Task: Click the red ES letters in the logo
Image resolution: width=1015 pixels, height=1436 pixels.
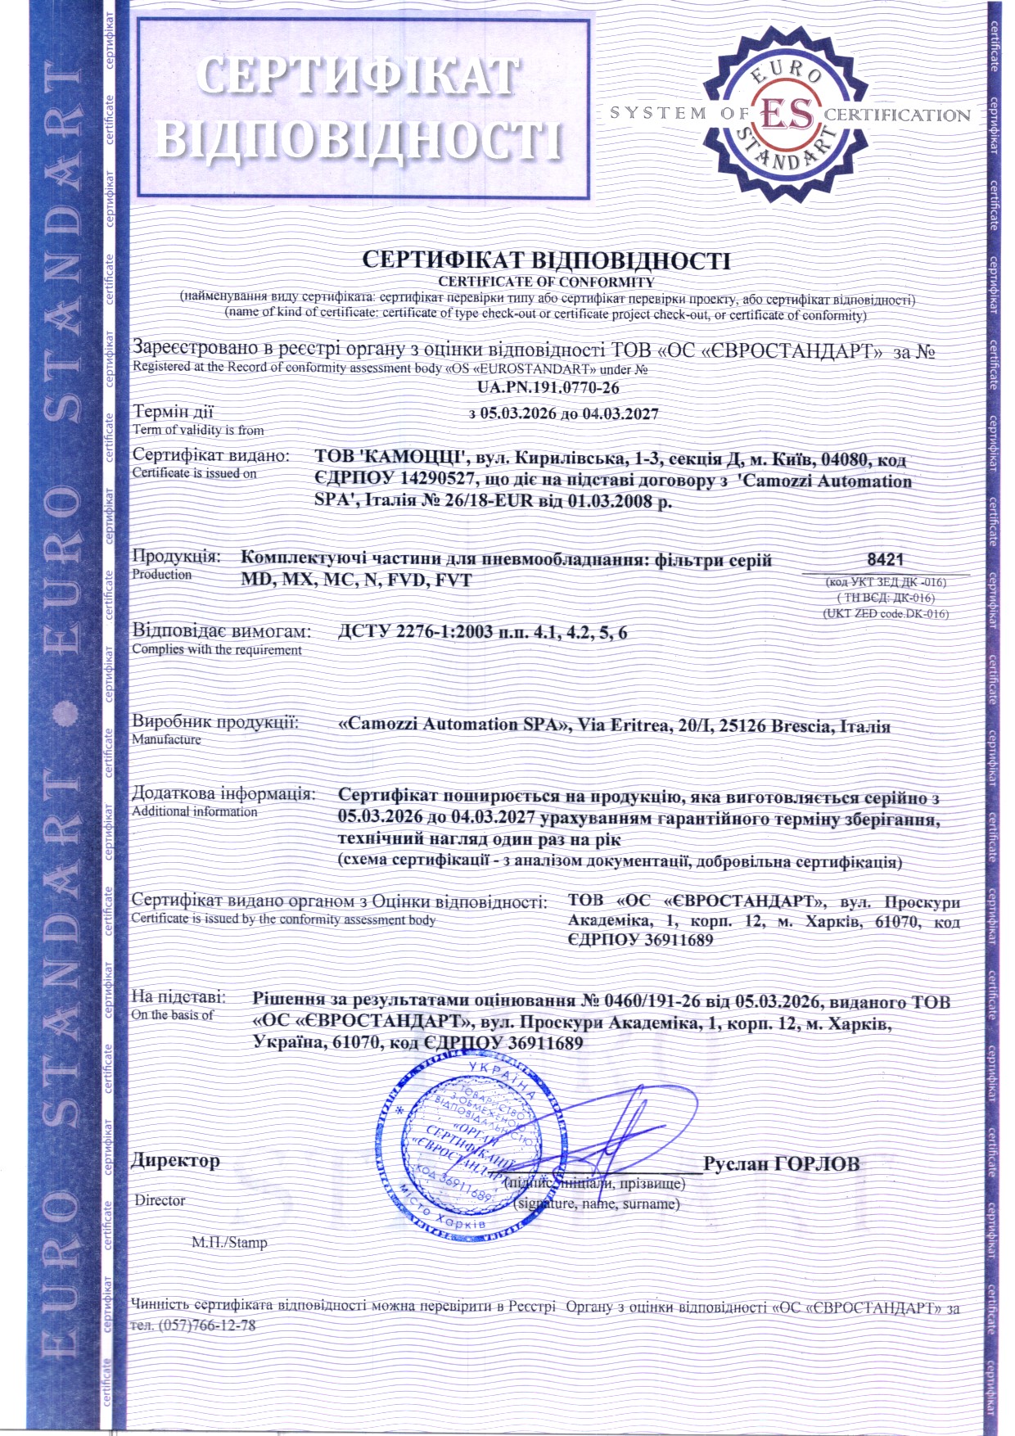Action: click(787, 114)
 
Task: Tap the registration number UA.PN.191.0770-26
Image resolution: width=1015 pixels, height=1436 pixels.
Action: click(548, 387)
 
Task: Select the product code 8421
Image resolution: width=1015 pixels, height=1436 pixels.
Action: click(885, 560)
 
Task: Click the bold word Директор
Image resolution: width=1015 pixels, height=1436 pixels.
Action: click(176, 1161)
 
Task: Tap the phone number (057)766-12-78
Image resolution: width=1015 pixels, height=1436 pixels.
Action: click(206, 1325)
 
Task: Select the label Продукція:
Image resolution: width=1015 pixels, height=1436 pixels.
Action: click(177, 557)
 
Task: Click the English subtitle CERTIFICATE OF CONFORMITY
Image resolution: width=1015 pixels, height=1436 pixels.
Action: click(546, 282)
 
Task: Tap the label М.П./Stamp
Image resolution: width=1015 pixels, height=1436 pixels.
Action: click(229, 1242)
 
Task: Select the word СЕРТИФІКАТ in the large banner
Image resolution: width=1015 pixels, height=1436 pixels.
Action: click(358, 75)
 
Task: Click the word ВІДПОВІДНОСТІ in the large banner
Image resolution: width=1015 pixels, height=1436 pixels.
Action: click(360, 139)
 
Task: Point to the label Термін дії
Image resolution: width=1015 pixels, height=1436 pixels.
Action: click(173, 412)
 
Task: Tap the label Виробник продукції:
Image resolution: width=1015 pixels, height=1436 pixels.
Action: click(215, 722)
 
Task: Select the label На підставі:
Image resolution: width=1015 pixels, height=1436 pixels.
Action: click(178, 997)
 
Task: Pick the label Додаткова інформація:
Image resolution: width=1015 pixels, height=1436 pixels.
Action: click(223, 793)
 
